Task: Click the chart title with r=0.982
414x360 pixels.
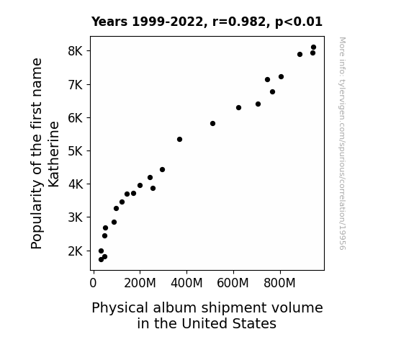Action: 207,22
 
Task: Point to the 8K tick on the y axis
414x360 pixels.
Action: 89,50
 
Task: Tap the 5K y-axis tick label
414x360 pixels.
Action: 76,151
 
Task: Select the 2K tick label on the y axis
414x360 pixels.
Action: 76,251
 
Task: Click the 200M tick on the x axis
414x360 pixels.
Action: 140,272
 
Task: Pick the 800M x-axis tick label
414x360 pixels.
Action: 279,283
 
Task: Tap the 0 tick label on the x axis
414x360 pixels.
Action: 93,283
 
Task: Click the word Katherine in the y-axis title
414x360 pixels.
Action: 53,154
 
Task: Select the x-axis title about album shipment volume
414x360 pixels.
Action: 207,315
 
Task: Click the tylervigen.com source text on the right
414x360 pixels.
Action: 342,143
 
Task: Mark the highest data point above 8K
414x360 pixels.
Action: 313,48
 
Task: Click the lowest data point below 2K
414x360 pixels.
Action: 101,259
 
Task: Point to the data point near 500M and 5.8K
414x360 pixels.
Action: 212,123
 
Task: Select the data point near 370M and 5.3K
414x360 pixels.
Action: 179,139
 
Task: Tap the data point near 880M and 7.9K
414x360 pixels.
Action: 300,54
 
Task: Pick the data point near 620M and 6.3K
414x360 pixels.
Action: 238,107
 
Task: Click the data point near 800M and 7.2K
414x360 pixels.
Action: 281,76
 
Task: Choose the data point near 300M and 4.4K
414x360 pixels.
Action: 163,169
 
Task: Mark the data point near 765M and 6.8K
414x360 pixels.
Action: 272,91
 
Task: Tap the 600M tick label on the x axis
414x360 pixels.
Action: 233,283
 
